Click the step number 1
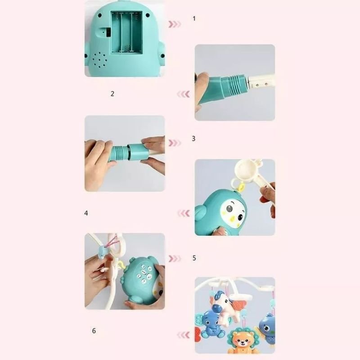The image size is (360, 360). (x=194, y=18)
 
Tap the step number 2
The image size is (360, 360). (x=112, y=94)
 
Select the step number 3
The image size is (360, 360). (x=193, y=139)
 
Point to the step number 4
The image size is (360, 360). (x=86, y=213)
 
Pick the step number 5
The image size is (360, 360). (x=194, y=258)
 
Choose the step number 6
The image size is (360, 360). (x=94, y=331)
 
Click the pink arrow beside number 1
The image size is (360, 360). (x=175, y=24)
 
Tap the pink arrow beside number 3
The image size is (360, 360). (x=175, y=143)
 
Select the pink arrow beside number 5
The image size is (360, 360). (x=175, y=259)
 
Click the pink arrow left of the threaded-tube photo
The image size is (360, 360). (x=184, y=94)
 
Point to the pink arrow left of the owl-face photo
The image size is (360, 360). (x=184, y=213)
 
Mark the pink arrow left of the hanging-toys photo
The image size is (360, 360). (x=184, y=335)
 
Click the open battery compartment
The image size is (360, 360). (x=127, y=32)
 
